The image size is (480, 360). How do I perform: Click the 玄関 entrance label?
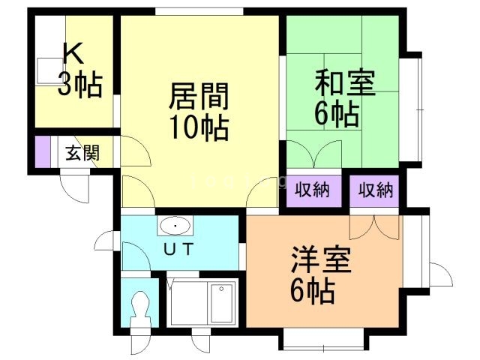[82, 152]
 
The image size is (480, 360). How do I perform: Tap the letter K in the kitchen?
[73, 53]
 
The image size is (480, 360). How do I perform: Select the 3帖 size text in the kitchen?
[80, 84]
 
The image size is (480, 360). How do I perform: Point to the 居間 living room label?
[199, 96]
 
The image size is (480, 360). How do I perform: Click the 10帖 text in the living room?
[199, 127]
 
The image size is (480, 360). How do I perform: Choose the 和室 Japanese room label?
[345, 82]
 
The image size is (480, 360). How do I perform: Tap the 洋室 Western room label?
[321, 259]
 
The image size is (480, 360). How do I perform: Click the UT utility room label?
[178, 249]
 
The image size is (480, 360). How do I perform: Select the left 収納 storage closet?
[313, 190]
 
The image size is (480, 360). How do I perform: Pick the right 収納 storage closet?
[374, 190]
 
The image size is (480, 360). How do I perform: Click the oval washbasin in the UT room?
[175, 226]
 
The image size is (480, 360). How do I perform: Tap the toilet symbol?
[140, 309]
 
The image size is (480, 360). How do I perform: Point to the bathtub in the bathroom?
[202, 303]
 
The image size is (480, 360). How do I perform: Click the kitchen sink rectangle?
[50, 71]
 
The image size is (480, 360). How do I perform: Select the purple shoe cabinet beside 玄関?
[43, 151]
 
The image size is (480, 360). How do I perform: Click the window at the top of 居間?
[199, 12]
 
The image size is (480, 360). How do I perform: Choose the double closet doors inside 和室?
[313, 154]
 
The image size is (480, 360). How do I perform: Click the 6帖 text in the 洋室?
[312, 291]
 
